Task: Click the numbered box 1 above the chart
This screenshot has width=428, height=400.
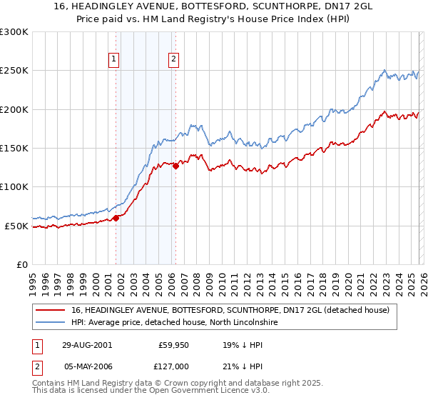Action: click(x=115, y=60)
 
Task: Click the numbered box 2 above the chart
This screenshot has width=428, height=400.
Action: click(x=173, y=60)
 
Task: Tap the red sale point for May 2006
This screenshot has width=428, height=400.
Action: click(x=175, y=166)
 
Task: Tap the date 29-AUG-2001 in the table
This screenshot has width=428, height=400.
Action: click(x=86, y=344)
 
